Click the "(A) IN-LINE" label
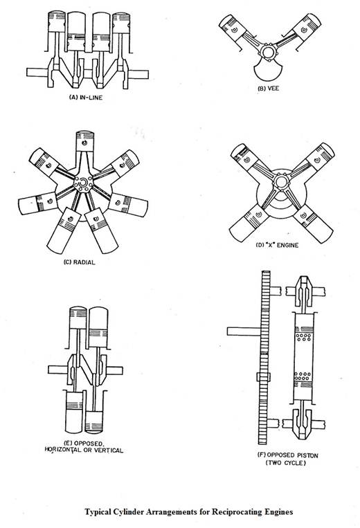[x=86, y=98]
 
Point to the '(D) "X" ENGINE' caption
[x=277, y=245]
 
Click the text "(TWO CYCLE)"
[x=286, y=463]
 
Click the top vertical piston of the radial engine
[x=84, y=141]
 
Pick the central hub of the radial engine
[x=83, y=183]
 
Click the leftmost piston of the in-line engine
[x=57, y=21]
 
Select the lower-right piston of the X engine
[x=313, y=223]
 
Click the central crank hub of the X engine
[x=280, y=182]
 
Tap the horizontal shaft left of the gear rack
[x=244, y=331]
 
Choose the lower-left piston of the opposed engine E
[x=74, y=412]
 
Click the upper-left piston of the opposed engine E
[x=78, y=318]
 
